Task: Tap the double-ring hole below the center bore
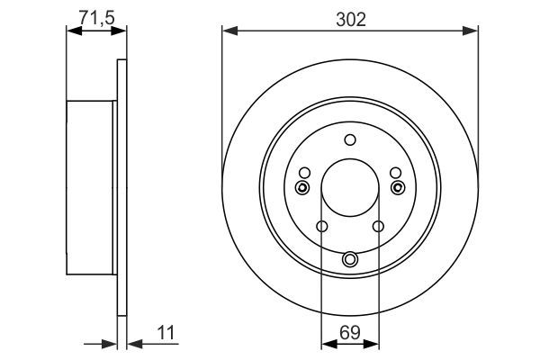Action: pyautogui.click(x=350, y=260)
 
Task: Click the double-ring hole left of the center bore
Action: pyautogui.click(x=302, y=187)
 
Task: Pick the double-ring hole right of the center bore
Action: pyautogui.click(x=399, y=187)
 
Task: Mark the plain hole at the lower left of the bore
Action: pyautogui.click(x=322, y=227)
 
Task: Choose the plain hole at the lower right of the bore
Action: pyautogui.click(x=378, y=227)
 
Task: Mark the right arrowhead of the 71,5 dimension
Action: pyautogui.click(x=121, y=31)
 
